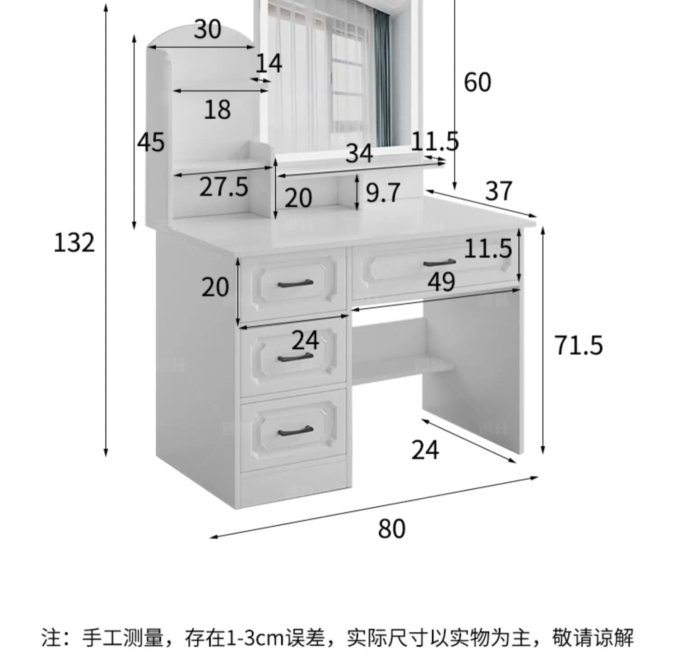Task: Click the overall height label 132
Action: [74, 243]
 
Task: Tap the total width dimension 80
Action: [391, 529]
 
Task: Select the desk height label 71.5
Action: [578, 345]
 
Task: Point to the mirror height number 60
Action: [477, 82]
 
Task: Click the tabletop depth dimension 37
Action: [499, 191]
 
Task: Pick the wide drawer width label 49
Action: [441, 283]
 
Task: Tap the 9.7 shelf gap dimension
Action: [383, 193]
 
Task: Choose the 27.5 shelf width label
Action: [224, 187]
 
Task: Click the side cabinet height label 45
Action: [151, 142]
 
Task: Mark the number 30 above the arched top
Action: [208, 30]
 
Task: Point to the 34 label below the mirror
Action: [359, 153]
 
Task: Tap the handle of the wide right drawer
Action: [439, 263]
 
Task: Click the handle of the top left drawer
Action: [295, 283]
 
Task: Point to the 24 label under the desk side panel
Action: [425, 450]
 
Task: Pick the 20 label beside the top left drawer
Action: [215, 287]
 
